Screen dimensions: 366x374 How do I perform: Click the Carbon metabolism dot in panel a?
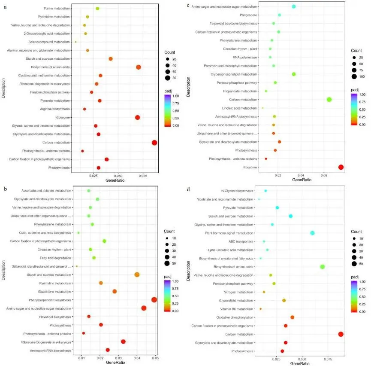pyautogui.click(x=154, y=143)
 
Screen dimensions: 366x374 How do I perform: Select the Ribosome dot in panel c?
pyautogui.click(x=341, y=167)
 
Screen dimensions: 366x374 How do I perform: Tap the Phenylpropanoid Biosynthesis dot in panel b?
pyautogui.click(x=154, y=300)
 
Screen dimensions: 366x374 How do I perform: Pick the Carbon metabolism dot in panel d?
pyautogui.click(x=341, y=334)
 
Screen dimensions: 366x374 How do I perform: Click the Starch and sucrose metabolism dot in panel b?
pyautogui.click(x=137, y=274)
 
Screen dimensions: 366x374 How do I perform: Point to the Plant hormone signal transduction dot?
pyautogui.click(x=312, y=233)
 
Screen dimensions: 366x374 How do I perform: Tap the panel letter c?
pyautogui.click(x=189, y=5)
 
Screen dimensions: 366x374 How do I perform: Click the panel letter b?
pyautogui.click(x=5, y=189)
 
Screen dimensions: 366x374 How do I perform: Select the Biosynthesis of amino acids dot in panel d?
pyautogui.click(x=323, y=267)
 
